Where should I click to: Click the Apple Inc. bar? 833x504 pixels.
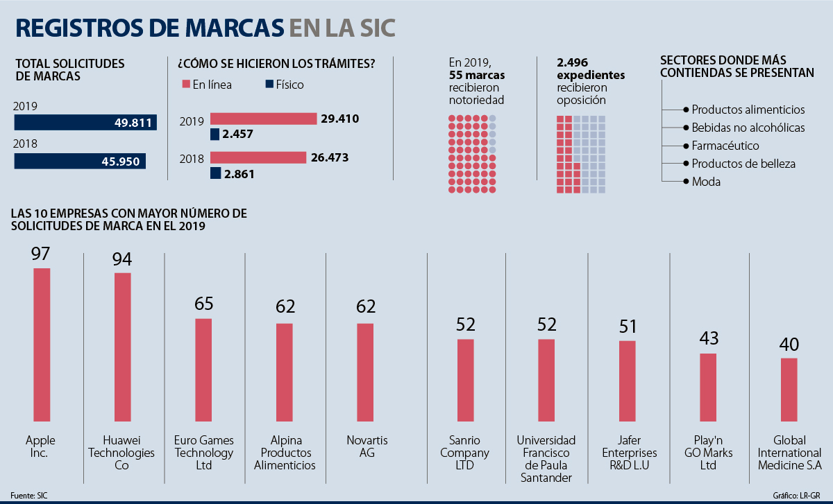42,344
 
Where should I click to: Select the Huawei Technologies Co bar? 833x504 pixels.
123,347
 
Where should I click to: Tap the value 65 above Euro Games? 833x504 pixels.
203,304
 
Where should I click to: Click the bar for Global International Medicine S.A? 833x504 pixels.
789,390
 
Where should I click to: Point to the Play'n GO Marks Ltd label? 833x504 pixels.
708,453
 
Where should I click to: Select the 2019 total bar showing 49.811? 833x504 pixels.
85,123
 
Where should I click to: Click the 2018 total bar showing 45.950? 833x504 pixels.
80,162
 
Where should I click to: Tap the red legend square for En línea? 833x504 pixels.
186,85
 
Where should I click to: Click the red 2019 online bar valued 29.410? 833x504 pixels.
263,119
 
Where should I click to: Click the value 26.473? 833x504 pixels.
330,157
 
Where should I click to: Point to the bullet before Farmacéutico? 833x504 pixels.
687,146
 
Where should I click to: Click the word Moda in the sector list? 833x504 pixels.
706,182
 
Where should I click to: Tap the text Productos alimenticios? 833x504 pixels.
748,110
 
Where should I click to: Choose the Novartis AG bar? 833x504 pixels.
365,372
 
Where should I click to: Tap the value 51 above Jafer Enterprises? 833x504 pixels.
627,327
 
